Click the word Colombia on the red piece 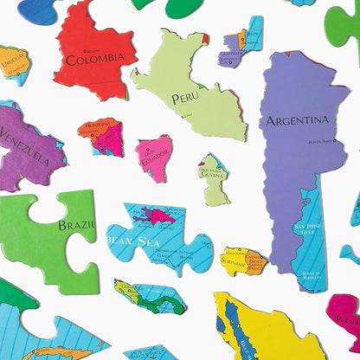94,58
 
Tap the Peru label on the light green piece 184,98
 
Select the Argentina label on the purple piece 297,119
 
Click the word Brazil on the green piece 76,225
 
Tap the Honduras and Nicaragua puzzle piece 100,136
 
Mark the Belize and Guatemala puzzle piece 243,42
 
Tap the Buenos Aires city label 320,140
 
